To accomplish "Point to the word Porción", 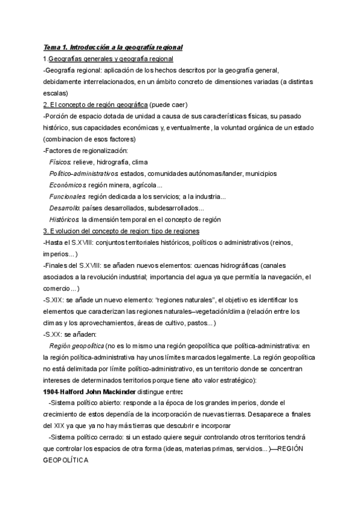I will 58,116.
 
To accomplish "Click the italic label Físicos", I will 60,162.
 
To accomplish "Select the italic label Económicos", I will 68,185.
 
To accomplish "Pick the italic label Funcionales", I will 67,196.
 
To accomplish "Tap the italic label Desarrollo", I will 65,208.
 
